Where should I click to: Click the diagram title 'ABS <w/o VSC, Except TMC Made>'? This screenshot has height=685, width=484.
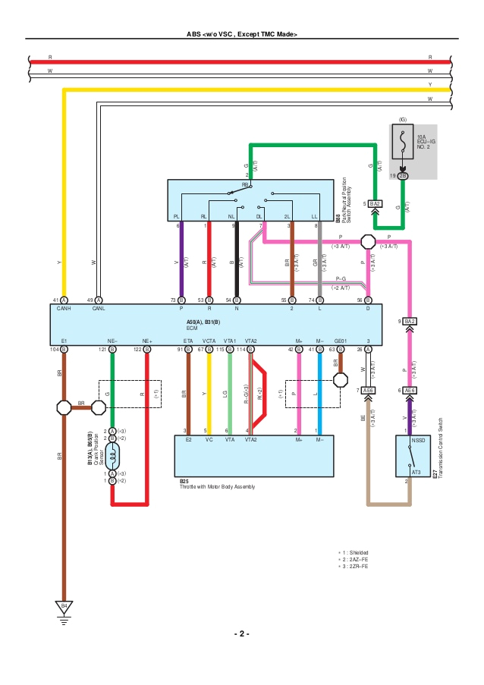pos(242,35)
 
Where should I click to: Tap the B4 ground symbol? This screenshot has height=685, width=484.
pos(64,607)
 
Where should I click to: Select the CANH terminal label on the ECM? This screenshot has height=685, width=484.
pos(64,309)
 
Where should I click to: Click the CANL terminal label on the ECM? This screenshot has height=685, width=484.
pos(98,309)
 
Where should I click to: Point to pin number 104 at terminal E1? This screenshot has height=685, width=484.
pos(55,349)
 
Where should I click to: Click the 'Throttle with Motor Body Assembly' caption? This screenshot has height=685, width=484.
pos(217,486)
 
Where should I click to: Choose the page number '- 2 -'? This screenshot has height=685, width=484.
pos(242,633)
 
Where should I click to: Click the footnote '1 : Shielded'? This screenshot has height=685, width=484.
pos(354,552)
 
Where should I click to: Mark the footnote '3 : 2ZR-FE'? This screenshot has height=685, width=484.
pos(354,567)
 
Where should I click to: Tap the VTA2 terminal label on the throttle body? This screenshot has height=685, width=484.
pos(250,439)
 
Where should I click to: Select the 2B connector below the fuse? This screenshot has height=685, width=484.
pos(403,175)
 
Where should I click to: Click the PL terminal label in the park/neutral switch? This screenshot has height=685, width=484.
pos(177,216)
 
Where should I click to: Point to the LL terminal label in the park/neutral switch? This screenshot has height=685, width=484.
pos(314,216)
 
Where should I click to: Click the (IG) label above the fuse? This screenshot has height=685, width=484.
pos(403,119)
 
